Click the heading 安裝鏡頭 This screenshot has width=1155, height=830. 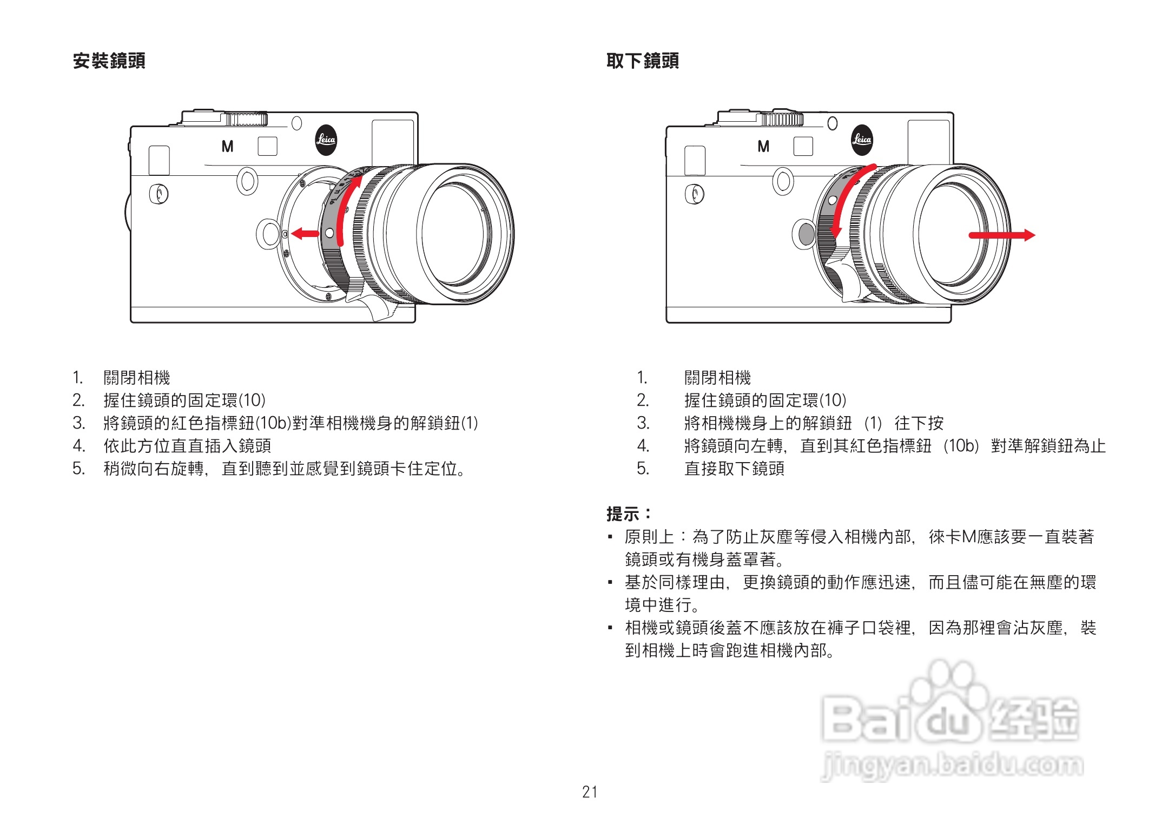(x=109, y=61)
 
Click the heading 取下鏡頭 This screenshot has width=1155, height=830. (x=642, y=61)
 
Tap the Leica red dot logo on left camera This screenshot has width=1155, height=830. (x=326, y=140)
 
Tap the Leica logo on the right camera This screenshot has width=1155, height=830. (x=862, y=140)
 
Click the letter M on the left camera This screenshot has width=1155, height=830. (x=227, y=147)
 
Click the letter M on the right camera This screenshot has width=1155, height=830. (x=763, y=147)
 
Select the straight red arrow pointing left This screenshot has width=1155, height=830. (x=305, y=234)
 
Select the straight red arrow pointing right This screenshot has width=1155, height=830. (x=1001, y=235)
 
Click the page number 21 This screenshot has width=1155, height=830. (x=590, y=792)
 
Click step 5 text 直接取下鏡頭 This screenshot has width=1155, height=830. (x=734, y=469)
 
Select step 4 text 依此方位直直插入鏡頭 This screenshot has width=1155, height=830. (x=187, y=446)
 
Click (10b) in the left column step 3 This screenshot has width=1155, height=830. (x=273, y=423)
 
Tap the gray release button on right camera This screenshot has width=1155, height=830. (x=806, y=234)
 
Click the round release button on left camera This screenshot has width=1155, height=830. (x=268, y=234)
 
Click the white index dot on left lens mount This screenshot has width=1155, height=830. (x=329, y=233)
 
